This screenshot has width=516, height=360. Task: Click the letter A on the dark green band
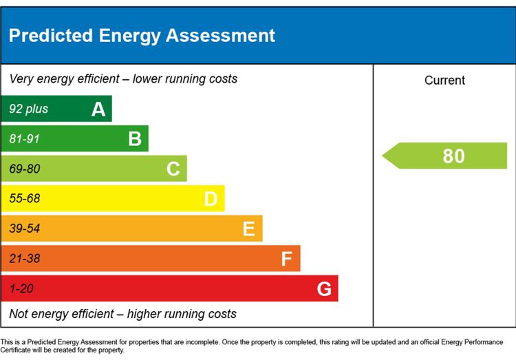(x=98, y=109)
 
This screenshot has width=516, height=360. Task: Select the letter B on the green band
(x=135, y=138)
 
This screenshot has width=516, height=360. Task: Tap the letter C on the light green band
(x=173, y=169)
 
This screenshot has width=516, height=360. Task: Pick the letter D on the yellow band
(x=211, y=199)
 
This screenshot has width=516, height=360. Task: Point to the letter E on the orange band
(x=249, y=229)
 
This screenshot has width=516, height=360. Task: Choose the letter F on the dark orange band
(x=287, y=259)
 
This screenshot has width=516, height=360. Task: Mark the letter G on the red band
(x=324, y=288)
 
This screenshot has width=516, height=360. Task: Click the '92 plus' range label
(x=29, y=109)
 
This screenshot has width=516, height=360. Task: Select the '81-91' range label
(x=25, y=138)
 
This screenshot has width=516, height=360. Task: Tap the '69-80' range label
(x=25, y=169)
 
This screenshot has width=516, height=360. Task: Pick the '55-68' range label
(x=25, y=198)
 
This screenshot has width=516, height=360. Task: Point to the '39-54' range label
(x=25, y=229)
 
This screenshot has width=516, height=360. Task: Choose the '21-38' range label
(x=25, y=258)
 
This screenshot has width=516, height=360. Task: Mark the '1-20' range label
(x=21, y=288)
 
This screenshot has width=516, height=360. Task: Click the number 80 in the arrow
(x=454, y=156)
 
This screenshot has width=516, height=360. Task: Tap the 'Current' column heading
(x=444, y=80)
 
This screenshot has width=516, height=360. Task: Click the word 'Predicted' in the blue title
(x=51, y=35)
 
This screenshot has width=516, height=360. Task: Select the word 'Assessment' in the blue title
(x=220, y=35)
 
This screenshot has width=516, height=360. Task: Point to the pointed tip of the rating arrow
(x=383, y=156)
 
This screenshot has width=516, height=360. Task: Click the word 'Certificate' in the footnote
(x=15, y=350)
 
